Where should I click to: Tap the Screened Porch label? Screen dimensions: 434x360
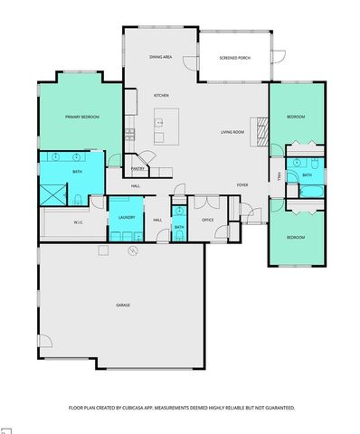(233, 59)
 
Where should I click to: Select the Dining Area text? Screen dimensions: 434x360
(161, 58)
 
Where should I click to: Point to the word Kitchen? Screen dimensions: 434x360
(161, 95)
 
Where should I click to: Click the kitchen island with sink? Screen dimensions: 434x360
(163, 124)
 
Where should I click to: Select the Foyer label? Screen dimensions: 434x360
(242, 185)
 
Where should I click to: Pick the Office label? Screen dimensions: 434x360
(206, 220)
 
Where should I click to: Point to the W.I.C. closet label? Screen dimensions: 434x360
(79, 221)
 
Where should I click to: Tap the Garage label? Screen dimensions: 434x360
(123, 305)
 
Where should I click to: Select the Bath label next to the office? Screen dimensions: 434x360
(179, 227)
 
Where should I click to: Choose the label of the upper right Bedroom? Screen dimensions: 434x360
(296, 118)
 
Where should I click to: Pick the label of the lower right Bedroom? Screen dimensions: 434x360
(296, 238)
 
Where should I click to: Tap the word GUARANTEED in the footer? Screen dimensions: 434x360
(275, 408)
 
